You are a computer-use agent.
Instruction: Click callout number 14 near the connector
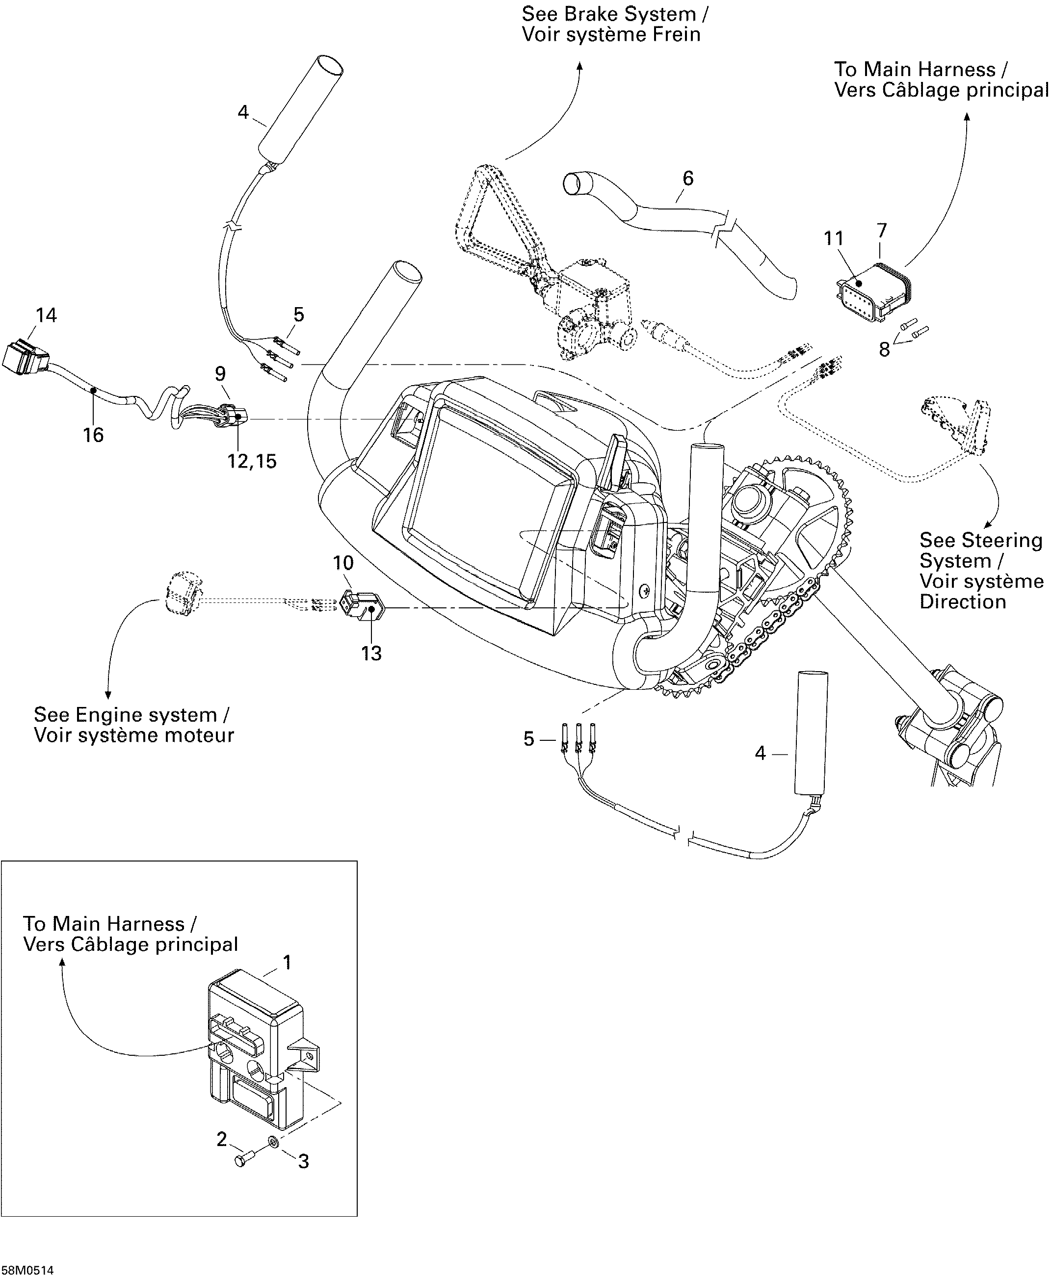click(x=46, y=315)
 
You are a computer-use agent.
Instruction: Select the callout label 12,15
click(x=252, y=461)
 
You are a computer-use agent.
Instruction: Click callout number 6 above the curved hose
click(x=688, y=178)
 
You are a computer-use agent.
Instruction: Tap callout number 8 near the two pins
click(x=884, y=350)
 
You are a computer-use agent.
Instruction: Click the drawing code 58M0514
click(x=27, y=1266)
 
